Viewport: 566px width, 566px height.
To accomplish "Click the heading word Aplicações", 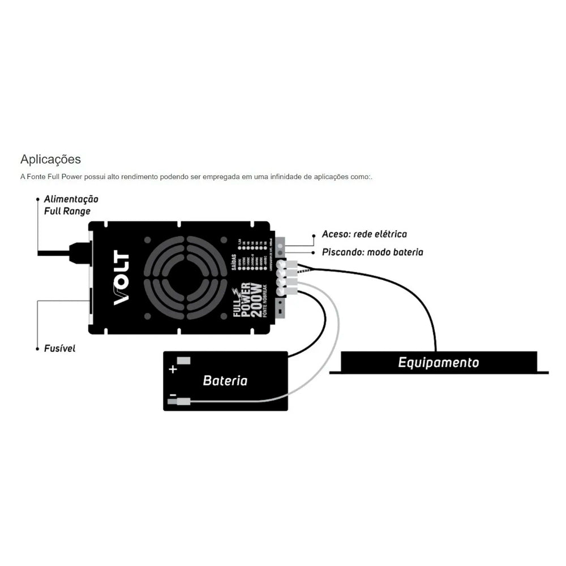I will (x=50, y=159).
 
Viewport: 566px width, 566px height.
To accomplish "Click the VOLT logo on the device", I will (x=122, y=278).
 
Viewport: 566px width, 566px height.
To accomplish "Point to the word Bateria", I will (x=225, y=380).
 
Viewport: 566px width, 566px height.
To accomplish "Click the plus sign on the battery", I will (x=173, y=370).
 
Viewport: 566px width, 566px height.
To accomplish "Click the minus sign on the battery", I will (x=172, y=397).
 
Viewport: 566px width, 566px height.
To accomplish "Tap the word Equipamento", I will (x=438, y=362).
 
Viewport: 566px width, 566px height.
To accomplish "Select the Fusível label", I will (x=59, y=348).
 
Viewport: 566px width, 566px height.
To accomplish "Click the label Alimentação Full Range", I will (x=71, y=205).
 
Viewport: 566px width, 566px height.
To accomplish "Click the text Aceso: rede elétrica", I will (x=364, y=234).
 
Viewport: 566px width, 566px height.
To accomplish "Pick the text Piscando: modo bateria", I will (x=372, y=252).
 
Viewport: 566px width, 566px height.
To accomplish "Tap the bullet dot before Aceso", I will (x=314, y=234).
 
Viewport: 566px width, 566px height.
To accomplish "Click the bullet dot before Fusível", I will (x=37, y=348).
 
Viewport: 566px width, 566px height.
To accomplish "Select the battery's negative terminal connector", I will (x=184, y=402).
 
